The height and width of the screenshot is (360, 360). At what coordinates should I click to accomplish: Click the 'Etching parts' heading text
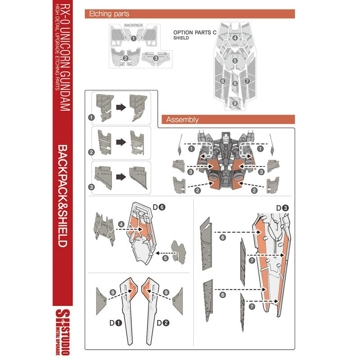coord(109,14)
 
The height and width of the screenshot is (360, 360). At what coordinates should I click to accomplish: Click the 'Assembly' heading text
coord(182,120)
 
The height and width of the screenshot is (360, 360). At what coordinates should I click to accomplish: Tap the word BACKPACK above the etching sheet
coord(134,25)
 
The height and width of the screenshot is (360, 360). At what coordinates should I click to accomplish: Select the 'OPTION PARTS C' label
coord(195,32)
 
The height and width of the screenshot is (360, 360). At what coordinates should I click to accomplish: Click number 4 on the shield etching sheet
coord(234,38)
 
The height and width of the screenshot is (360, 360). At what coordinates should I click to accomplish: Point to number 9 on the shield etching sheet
coord(234,103)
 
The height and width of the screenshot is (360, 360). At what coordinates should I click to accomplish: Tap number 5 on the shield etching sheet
coord(234,61)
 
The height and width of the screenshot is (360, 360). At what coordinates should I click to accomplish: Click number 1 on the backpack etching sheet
coord(133,39)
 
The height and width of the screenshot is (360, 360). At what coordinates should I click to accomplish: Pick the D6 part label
coord(159,207)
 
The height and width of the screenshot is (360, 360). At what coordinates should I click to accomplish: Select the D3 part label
coord(282,208)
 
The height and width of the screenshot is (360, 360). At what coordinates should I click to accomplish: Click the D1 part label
coord(116,323)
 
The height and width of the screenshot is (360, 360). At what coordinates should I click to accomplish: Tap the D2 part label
coord(163,323)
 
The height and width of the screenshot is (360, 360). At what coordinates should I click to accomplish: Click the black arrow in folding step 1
coord(121,107)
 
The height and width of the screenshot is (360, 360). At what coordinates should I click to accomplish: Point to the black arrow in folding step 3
coord(121,177)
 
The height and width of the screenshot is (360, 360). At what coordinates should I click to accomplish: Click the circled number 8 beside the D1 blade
coord(112,292)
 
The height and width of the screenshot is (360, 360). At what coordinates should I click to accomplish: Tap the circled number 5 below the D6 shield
coord(165,258)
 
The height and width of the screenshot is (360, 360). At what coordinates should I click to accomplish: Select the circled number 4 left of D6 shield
coord(121,224)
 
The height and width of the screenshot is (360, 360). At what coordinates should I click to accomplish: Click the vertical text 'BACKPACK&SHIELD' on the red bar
coord(62,196)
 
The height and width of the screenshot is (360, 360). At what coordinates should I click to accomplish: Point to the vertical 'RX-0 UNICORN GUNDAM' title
coord(65,58)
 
